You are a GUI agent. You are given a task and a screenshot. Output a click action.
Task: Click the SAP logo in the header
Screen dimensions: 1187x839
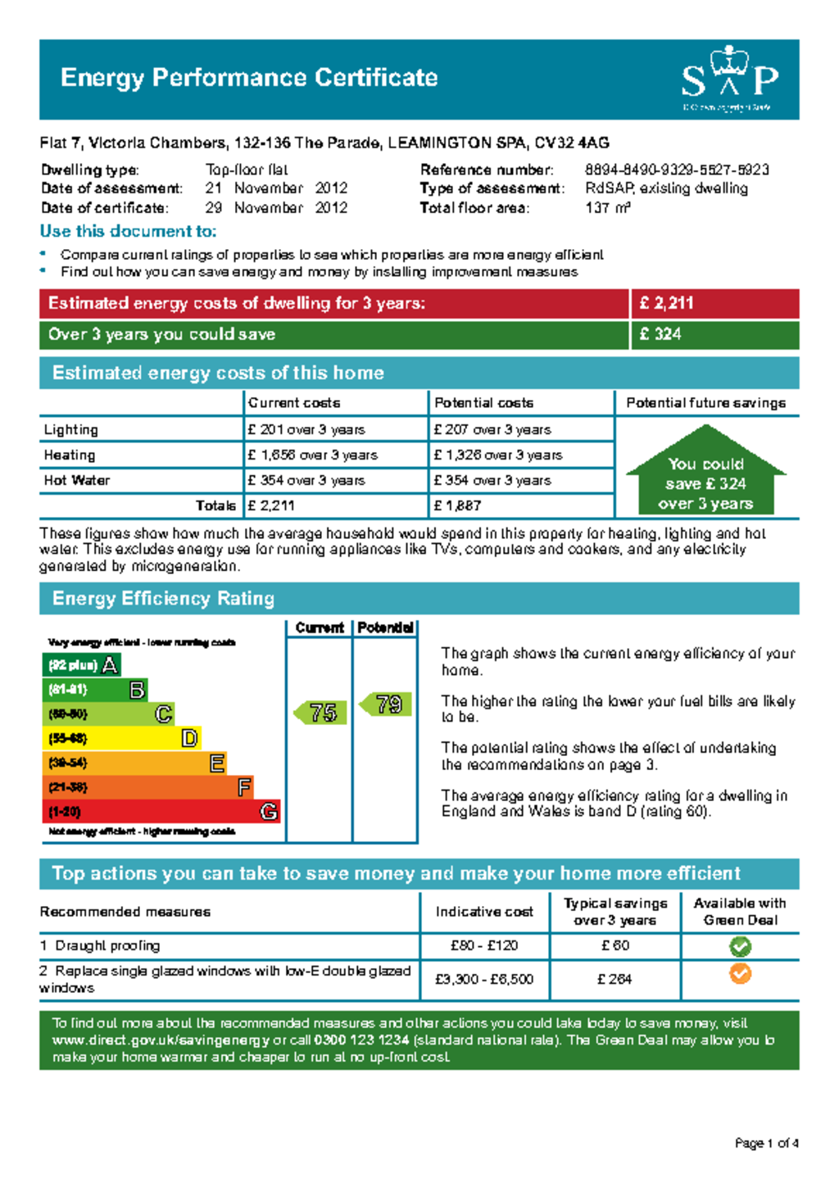(x=729, y=79)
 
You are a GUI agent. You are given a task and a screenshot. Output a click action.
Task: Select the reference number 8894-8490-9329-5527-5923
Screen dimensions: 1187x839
(x=677, y=170)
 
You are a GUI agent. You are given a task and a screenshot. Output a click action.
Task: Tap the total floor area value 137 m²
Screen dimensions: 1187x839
(x=607, y=208)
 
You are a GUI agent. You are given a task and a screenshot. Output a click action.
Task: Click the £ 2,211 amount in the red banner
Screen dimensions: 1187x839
(x=667, y=303)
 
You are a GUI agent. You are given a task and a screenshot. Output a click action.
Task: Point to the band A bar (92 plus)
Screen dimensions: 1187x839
(x=81, y=665)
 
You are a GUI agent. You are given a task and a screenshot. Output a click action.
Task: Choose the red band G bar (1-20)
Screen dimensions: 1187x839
(x=161, y=812)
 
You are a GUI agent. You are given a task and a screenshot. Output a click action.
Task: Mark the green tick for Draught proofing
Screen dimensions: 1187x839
(x=740, y=947)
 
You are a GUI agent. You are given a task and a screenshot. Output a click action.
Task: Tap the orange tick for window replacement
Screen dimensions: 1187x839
(x=740, y=974)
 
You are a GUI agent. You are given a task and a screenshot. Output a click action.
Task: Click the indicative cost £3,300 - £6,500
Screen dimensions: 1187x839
(x=484, y=980)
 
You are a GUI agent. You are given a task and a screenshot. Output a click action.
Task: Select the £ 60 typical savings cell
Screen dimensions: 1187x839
(x=615, y=946)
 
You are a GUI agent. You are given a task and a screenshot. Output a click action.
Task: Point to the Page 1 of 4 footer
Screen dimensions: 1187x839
(x=766, y=1144)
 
